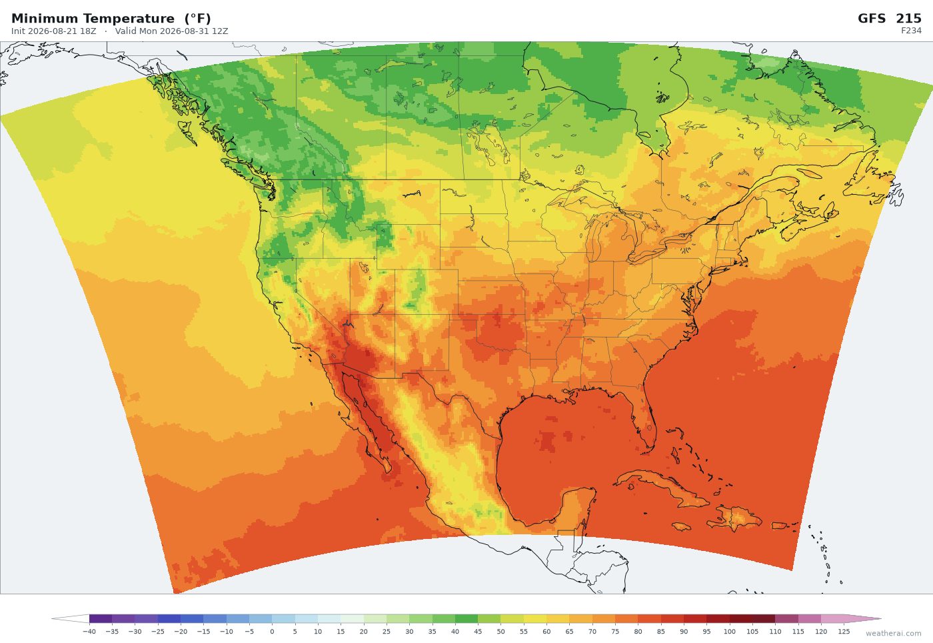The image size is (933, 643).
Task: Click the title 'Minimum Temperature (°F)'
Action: [x=111, y=19]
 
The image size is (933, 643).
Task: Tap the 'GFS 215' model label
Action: [x=889, y=19]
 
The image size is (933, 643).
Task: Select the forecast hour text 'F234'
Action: [x=911, y=31]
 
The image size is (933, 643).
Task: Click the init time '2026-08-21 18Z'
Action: [x=61, y=31]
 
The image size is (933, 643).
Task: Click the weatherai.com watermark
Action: [x=894, y=634]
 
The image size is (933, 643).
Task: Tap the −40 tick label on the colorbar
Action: [x=89, y=632]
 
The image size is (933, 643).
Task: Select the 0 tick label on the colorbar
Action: [x=272, y=632]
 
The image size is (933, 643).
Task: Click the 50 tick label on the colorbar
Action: [x=500, y=632]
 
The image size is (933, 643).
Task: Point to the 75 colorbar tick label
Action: [x=615, y=632]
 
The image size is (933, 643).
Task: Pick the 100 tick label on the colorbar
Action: [x=729, y=632]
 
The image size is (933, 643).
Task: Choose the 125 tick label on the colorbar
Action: [x=844, y=632]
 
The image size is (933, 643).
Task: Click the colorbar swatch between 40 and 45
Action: [x=467, y=619]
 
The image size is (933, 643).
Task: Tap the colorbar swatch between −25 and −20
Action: [x=169, y=619]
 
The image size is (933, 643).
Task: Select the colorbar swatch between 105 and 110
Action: [x=764, y=619]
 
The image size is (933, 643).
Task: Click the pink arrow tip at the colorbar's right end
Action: [x=880, y=619]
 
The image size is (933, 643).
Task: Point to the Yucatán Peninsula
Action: [x=577, y=507]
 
